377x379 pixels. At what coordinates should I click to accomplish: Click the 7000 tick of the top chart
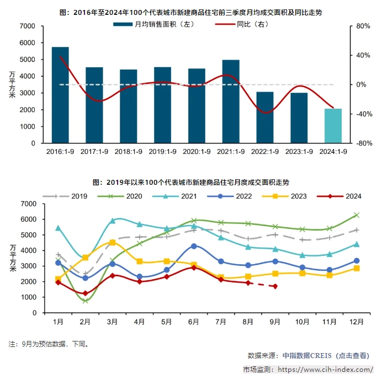click(27, 26)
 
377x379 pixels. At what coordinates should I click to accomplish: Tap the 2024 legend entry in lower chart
click(343, 196)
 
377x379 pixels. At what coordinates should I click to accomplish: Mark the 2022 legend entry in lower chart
click(234, 196)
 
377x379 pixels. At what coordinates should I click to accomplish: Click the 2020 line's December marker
click(357, 215)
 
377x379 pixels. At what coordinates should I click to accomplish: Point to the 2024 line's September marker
click(275, 286)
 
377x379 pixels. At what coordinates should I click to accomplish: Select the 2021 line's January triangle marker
click(58, 228)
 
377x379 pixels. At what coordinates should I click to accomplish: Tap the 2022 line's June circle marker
click(194, 246)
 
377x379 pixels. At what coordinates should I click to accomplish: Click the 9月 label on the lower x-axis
click(275, 321)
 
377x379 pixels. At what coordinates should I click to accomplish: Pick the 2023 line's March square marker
click(112, 242)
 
